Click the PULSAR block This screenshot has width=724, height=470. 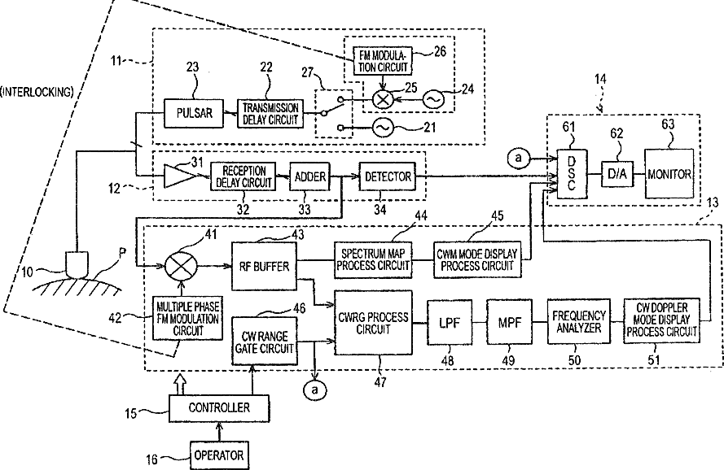[193, 114]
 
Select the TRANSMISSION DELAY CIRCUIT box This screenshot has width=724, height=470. [270, 114]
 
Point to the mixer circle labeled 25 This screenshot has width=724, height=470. [380, 101]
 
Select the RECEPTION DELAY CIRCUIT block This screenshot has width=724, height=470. [243, 176]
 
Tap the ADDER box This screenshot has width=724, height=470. [310, 176]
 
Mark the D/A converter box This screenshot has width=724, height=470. [612, 175]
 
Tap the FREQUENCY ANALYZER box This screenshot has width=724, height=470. [577, 321]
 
